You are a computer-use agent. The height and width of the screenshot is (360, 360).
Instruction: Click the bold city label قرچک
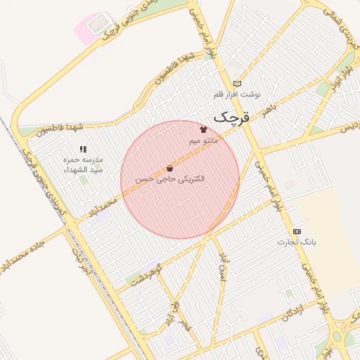point(231,116)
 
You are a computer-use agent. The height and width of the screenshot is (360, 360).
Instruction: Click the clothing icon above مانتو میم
point(204,129)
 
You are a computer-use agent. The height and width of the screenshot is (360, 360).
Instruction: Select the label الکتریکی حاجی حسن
point(170,180)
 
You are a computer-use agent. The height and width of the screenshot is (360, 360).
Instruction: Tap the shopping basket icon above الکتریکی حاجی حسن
point(169,169)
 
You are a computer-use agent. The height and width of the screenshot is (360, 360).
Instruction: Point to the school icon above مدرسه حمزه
point(83,149)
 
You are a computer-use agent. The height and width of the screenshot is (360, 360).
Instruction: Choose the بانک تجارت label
point(296,242)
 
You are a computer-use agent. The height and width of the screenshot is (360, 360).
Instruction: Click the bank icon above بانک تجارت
point(296,231)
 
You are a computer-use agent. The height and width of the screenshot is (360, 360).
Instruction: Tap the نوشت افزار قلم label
point(237,94)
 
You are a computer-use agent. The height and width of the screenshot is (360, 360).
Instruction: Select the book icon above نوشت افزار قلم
point(236,82)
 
